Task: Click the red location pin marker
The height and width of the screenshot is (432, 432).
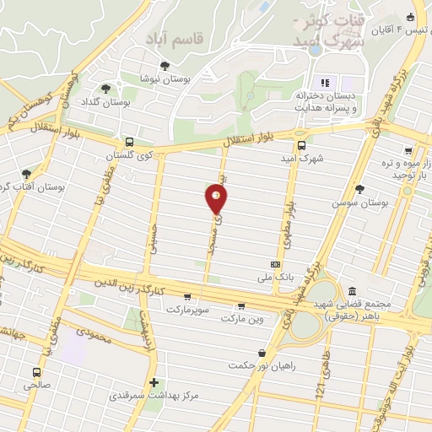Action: [x=217, y=198]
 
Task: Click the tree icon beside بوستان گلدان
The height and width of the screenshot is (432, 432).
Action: [x=105, y=89]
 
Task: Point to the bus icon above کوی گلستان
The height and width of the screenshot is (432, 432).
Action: [x=128, y=143]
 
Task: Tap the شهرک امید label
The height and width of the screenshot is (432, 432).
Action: [x=302, y=157]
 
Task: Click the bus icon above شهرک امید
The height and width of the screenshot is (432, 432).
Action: [x=301, y=143]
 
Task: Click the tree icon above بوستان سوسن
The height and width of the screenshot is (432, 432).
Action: [x=360, y=189]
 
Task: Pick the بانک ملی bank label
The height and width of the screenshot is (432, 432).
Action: [x=277, y=276]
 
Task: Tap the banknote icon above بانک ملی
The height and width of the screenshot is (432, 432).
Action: [x=275, y=263]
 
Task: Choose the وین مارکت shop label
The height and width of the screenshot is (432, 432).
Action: [x=242, y=319]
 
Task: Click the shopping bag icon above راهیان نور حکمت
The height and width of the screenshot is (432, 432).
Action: [x=262, y=353]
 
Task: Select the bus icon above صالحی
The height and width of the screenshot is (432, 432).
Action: [x=36, y=371]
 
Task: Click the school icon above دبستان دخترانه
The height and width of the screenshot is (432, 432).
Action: [x=324, y=83]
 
